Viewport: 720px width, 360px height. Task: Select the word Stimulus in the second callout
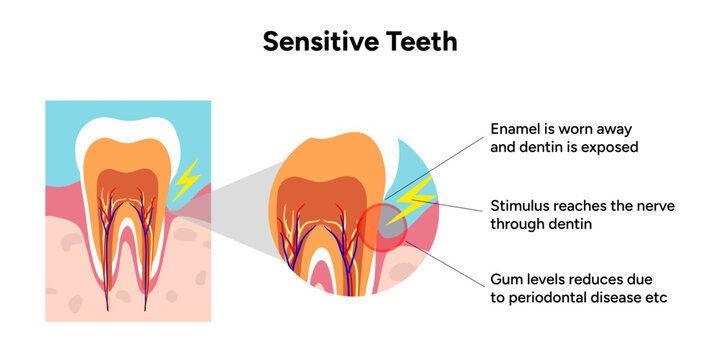pos(521,206)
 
